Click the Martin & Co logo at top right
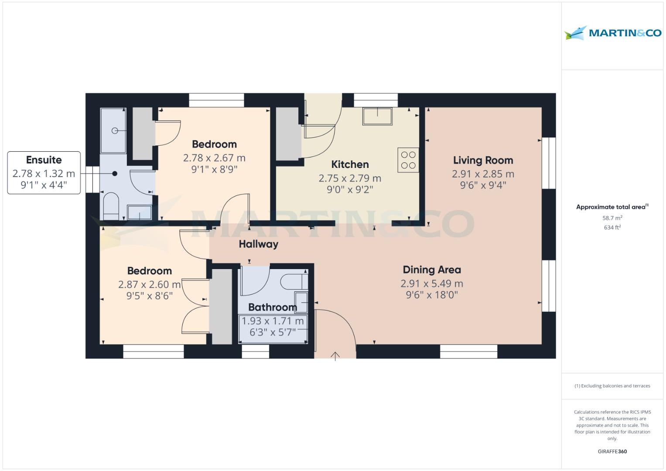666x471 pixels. pos(612,33)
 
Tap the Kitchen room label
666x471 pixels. pos(350,164)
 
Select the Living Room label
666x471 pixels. pos(483,160)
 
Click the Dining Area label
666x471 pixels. pos(431,270)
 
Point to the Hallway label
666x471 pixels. pos(258,244)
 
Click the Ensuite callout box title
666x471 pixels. pos(44,160)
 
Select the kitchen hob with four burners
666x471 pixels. pos(408,160)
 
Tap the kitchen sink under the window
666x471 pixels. pos(377,116)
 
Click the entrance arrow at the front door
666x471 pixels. pos(335,356)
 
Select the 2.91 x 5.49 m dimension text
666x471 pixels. pos(431,283)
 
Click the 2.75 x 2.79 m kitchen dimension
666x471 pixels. pos(350,178)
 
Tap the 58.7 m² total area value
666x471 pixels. pos(612,218)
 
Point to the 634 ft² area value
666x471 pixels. pos(612,227)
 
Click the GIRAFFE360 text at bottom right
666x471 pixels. pos(612,451)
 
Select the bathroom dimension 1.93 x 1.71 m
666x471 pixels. pos(273,321)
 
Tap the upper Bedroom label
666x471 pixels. pos(214,144)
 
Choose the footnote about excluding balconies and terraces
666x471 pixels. pos(612,386)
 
